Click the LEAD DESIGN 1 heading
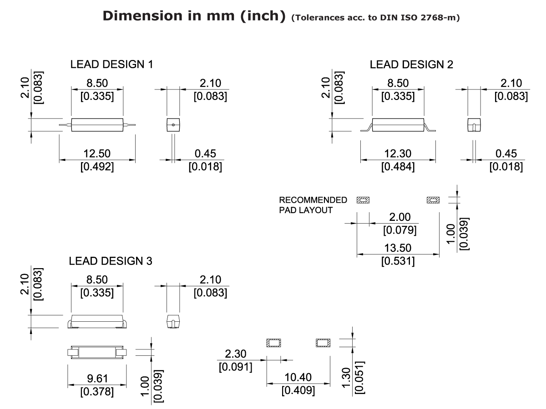pos(111,65)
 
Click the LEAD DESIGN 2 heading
pos(411,65)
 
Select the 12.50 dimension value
pos(97,154)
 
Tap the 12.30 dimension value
pos(398,154)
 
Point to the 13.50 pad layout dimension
pos(398,248)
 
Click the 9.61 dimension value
pos(97,378)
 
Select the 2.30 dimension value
pos(235,354)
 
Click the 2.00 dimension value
pos(400,217)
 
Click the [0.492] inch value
pos(97,167)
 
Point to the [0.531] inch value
pos(398,261)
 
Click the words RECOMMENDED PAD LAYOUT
pos(313,205)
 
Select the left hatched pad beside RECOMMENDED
pos(363,200)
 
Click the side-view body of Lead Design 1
pos(97,125)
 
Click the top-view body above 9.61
pos(97,353)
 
